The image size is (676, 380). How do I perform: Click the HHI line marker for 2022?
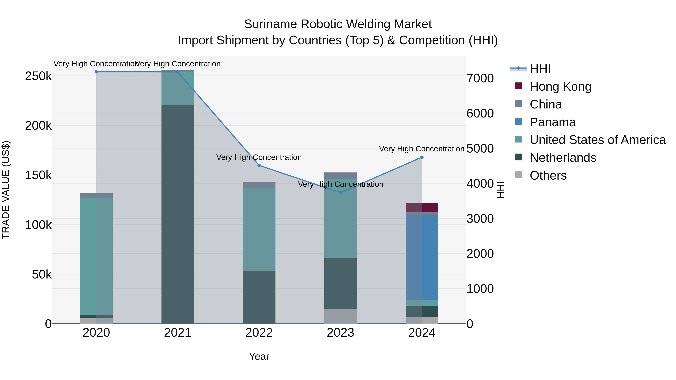coord(259,166)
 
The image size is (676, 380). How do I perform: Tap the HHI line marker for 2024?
coord(422,157)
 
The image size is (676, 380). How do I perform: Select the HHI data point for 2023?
coord(340,193)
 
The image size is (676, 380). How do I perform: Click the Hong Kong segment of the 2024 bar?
coord(422,208)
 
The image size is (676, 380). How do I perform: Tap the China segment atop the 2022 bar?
coord(259,185)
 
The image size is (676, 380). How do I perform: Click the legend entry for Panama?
coord(552,122)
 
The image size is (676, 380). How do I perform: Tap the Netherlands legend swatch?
coord(518,157)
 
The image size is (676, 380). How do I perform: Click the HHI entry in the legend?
coord(540,69)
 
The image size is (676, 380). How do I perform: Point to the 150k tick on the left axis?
coord(38,175)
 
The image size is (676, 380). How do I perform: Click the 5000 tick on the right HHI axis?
coord(480,148)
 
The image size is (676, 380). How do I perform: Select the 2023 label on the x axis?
coord(340,333)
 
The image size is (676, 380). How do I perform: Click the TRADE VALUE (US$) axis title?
coord(6,190)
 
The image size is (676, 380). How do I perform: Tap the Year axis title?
coord(259,356)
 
